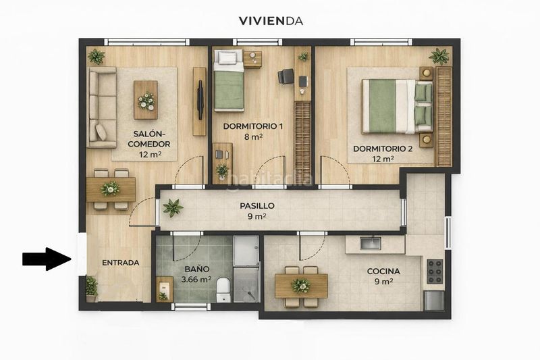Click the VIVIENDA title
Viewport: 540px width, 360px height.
(x=271, y=21)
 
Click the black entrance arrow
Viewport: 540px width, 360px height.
(x=47, y=259)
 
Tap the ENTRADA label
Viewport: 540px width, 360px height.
(x=121, y=263)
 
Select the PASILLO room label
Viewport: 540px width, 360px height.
(x=257, y=205)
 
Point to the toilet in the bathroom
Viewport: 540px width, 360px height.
(x=223, y=289)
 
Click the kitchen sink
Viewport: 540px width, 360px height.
(x=370, y=243)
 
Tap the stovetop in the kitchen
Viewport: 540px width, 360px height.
(x=435, y=271)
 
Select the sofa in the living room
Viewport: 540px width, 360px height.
(x=103, y=107)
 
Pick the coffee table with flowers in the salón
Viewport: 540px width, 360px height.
(x=146, y=100)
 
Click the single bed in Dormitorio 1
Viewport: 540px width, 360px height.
(x=229, y=80)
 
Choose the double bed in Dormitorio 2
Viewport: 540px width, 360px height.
(x=397, y=106)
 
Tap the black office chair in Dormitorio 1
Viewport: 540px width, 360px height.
(x=286, y=76)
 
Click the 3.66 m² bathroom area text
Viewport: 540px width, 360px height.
(x=196, y=280)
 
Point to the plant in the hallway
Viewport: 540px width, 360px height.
(x=173, y=208)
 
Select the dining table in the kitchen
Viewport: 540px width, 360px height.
(x=301, y=286)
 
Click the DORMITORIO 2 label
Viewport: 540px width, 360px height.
(x=383, y=149)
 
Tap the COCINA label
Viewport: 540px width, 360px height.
(x=383, y=271)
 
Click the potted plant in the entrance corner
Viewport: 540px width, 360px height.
(x=92, y=288)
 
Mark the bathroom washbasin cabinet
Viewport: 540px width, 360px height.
(x=164, y=289)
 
